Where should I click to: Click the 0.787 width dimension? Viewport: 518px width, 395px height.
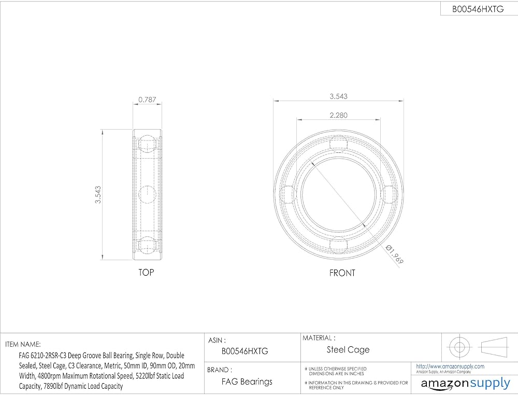147,100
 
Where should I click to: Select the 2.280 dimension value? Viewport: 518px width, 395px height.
339,115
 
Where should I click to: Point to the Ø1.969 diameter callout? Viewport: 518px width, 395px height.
395,254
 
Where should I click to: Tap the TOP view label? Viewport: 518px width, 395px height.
146,272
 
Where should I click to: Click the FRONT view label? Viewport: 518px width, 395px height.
342,273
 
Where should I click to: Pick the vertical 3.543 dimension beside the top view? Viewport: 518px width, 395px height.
98,195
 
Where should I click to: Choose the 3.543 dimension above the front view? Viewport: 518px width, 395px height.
339,96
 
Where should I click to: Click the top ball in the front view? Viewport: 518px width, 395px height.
339,145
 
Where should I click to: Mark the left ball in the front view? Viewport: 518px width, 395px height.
287,194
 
